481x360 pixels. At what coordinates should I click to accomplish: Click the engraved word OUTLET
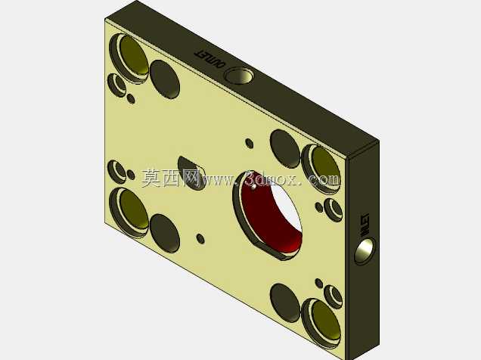click(209, 59)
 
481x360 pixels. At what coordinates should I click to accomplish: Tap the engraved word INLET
click(365, 225)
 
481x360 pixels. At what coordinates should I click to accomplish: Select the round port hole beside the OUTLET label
click(239, 76)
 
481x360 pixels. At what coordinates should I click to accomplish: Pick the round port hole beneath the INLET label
click(365, 250)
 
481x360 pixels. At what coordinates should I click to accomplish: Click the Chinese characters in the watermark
click(171, 178)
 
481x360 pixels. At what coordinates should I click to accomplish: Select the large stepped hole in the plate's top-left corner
click(129, 58)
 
